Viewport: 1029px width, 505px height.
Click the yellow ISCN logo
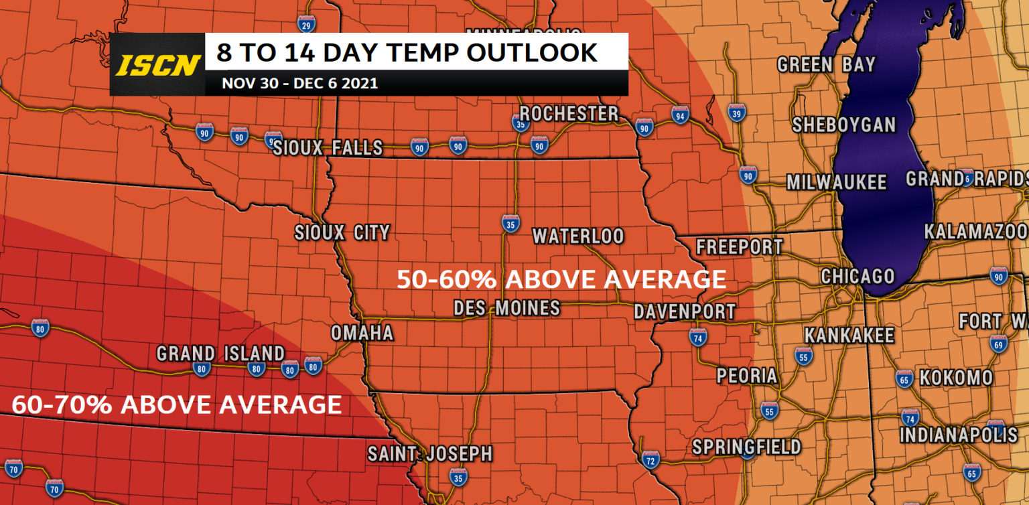tap(158, 65)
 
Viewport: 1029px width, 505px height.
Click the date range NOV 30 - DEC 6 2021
tap(300, 84)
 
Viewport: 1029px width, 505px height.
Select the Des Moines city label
tap(506, 308)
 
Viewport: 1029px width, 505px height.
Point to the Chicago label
tap(857, 276)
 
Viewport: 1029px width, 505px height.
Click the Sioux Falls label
tap(328, 147)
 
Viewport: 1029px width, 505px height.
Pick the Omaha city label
tap(362, 333)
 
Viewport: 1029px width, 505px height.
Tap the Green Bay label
tap(826, 65)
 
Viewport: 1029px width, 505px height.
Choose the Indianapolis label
tap(958, 435)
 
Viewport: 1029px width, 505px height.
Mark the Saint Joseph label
tap(429, 454)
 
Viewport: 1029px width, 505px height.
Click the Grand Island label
tap(220, 353)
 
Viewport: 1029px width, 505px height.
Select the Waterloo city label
tap(577, 236)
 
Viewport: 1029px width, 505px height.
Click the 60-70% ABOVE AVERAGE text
tap(177, 405)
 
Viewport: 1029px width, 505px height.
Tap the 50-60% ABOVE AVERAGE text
tap(561, 279)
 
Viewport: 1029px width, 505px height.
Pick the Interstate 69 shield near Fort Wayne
tap(998, 345)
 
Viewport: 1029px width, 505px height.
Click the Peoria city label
tap(747, 376)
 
